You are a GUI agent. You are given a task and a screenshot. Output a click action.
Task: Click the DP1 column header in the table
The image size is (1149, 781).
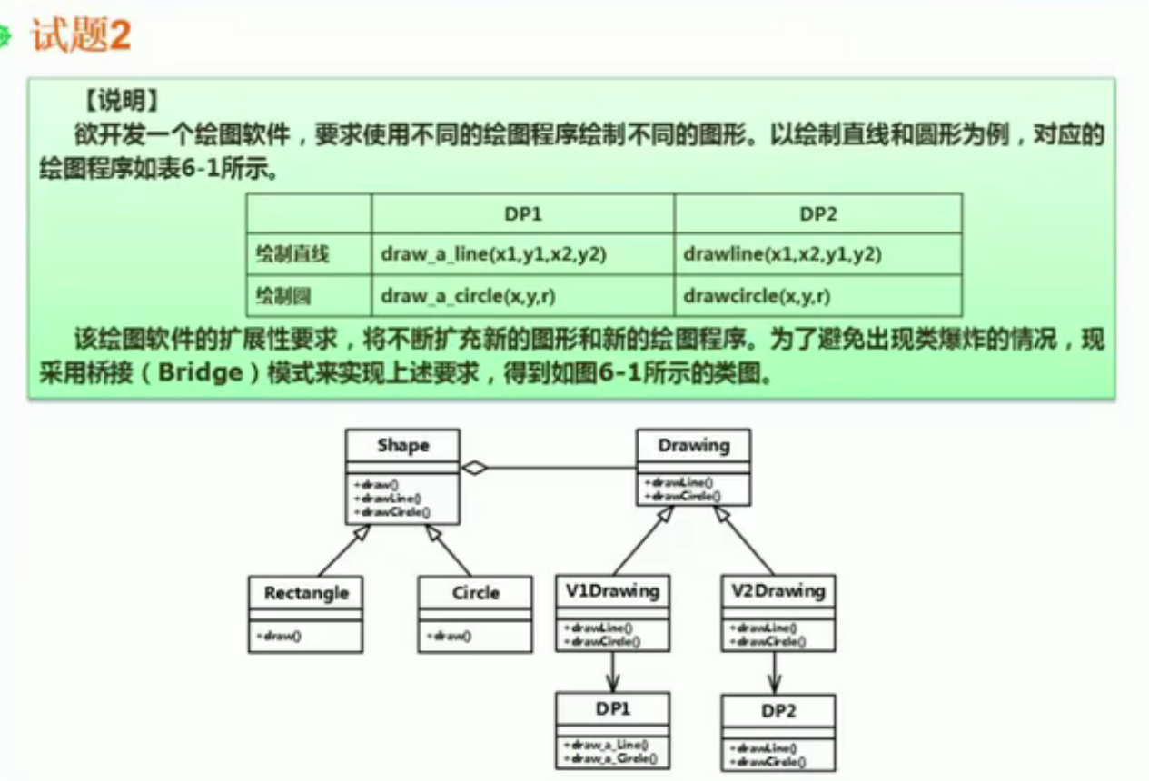(523, 214)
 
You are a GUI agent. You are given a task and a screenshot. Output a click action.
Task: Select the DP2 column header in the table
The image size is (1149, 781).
(818, 214)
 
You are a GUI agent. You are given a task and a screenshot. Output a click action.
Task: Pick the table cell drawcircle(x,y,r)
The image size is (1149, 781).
(758, 296)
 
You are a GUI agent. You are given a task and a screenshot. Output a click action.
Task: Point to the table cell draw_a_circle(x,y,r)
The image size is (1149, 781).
(470, 296)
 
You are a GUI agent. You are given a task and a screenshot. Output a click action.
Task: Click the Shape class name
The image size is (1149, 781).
(402, 446)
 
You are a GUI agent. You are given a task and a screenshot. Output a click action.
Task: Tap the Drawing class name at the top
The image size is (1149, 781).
(693, 446)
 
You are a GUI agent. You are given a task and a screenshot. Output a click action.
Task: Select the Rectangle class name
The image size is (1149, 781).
(306, 593)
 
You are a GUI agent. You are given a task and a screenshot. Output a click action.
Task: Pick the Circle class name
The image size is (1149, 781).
(476, 593)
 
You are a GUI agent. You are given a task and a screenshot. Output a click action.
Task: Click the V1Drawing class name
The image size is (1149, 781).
(612, 591)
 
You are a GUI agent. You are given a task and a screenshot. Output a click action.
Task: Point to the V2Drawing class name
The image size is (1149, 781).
(778, 591)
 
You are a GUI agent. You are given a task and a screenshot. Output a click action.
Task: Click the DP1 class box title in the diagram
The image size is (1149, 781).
(613, 709)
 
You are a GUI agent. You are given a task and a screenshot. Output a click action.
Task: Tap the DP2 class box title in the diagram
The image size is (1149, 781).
(778, 711)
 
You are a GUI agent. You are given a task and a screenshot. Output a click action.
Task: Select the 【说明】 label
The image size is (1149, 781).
(121, 98)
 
